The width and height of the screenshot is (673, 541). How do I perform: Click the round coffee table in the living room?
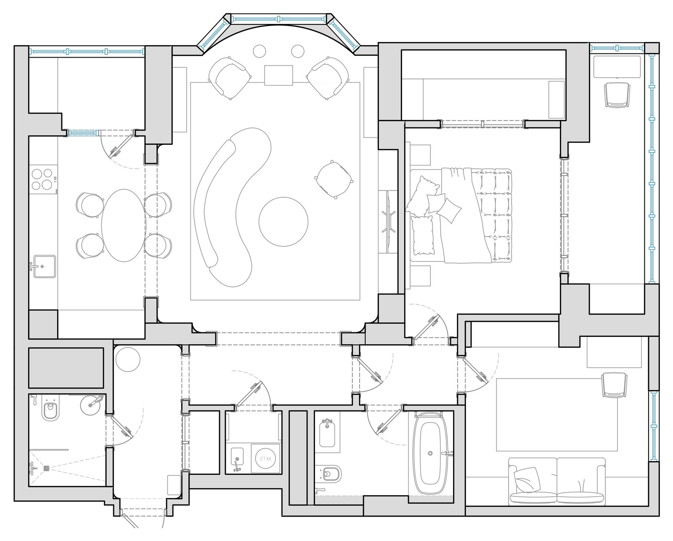[284, 222]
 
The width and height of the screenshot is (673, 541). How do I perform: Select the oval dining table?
[124, 225]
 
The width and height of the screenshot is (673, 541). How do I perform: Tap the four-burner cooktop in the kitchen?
[43, 179]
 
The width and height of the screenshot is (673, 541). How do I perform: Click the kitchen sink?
[45, 266]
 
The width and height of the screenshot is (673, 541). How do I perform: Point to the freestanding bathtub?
[430, 453]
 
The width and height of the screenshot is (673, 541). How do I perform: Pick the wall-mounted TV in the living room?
[388, 222]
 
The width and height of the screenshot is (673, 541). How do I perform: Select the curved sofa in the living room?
[232, 207]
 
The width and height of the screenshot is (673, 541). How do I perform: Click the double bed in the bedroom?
[461, 215]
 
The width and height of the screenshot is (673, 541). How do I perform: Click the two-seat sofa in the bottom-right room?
[556, 481]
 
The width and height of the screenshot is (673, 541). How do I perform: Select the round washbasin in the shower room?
[91, 405]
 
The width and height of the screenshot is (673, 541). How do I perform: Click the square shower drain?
[47, 468]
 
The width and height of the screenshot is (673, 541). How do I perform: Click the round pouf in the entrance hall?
[128, 359]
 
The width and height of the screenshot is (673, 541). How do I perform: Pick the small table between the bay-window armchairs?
[278, 75]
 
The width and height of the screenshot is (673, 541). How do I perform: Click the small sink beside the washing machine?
[237, 457]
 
